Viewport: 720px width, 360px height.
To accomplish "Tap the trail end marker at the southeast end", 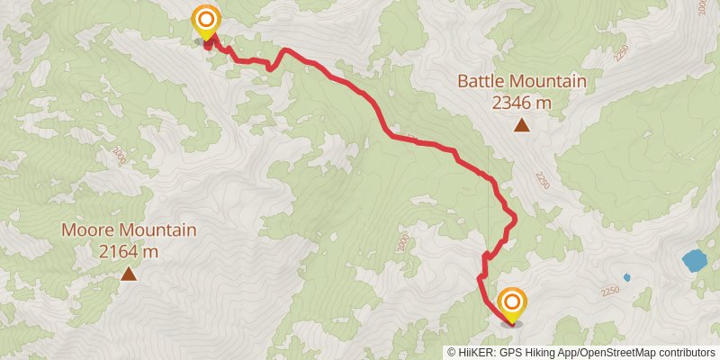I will click(x=511, y=301).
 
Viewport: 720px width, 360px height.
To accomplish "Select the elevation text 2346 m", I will click(x=521, y=103).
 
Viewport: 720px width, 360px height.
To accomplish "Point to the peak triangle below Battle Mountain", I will click(x=521, y=125).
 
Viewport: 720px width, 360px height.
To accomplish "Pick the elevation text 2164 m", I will click(x=128, y=252).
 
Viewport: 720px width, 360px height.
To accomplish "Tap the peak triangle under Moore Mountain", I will click(x=128, y=274).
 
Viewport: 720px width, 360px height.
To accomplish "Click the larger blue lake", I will click(x=694, y=261).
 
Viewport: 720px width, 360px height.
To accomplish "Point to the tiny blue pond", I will click(x=626, y=277).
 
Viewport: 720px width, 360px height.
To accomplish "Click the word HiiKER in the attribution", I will click(x=475, y=353).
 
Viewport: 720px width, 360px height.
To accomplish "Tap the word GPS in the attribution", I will click(x=509, y=353).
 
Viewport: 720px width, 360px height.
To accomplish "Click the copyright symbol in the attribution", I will click(x=452, y=353).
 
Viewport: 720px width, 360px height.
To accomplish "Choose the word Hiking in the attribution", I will click(x=542, y=353).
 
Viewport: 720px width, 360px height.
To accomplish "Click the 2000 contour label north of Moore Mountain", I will click(x=121, y=157).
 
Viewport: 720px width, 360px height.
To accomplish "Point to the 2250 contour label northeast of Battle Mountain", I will click(x=619, y=54).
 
